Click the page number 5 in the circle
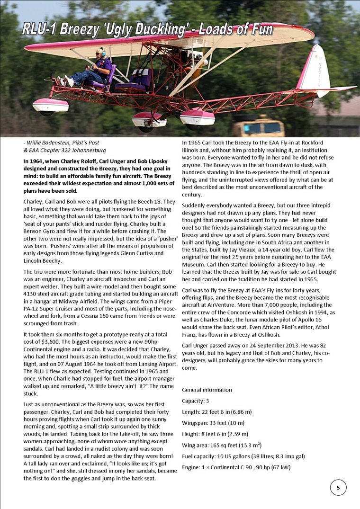point(338,487)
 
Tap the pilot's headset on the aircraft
point(100,51)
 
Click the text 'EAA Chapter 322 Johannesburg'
point(64,151)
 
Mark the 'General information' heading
point(207,390)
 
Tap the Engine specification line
point(236,467)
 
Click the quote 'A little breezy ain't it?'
point(116,385)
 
